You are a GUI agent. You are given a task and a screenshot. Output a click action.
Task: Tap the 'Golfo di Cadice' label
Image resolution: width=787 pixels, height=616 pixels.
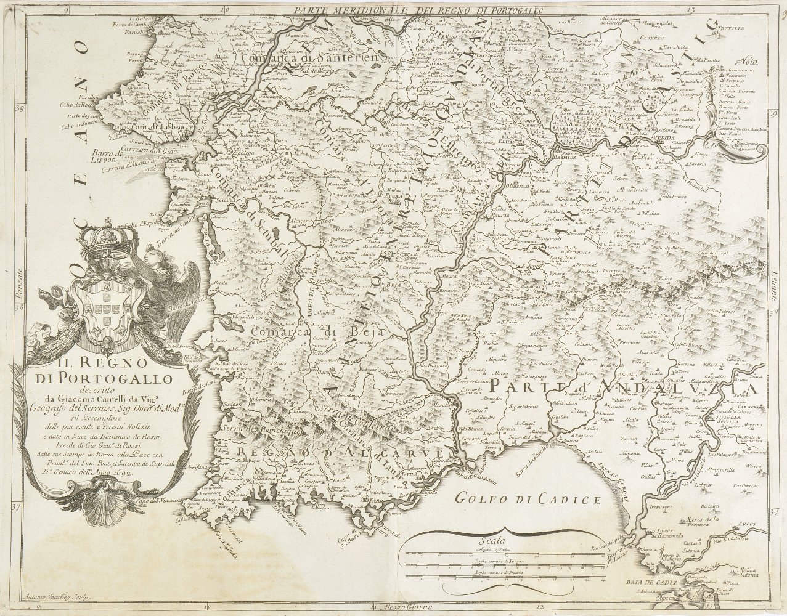click(x=528, y=498)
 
